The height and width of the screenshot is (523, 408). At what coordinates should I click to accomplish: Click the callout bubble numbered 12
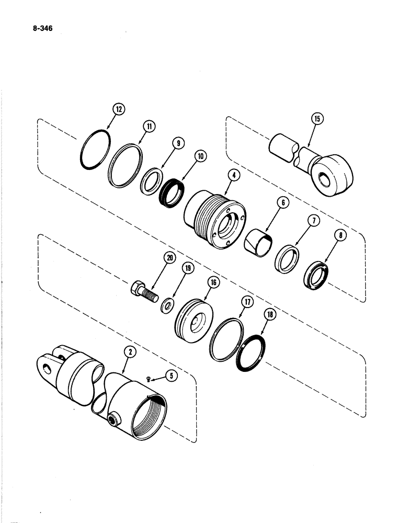coord(119,109)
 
